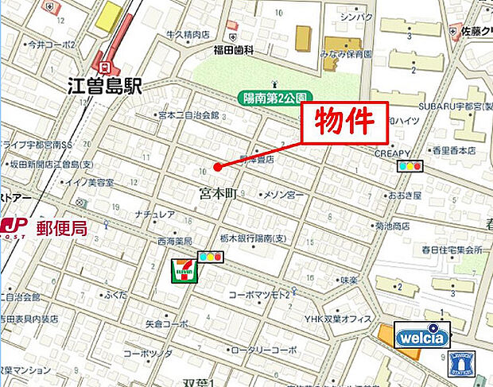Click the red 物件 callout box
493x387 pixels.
pyautogui.click(x=344, y=122)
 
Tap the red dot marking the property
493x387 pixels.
pyautogui.click(x=216, y=167)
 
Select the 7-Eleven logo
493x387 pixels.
pyautogui.click(x=184, y=271)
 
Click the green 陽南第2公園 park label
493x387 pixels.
pyautogui.click(x=273, y=97)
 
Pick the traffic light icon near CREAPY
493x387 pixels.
pyautogui.click(x=409, y=166)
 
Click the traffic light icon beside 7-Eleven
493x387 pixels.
pyautogui.click(x=210, y=257)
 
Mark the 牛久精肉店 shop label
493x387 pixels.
pyautogui.click(x=188, y=34)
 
